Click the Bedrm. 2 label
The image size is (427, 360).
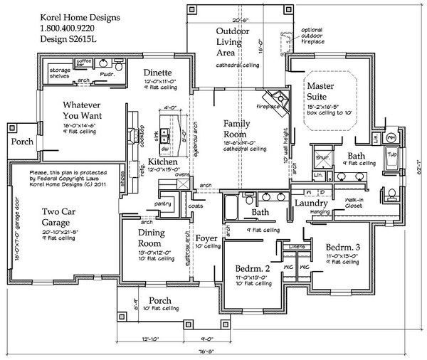[x=254, y=268]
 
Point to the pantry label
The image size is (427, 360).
[x=168, y=203]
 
